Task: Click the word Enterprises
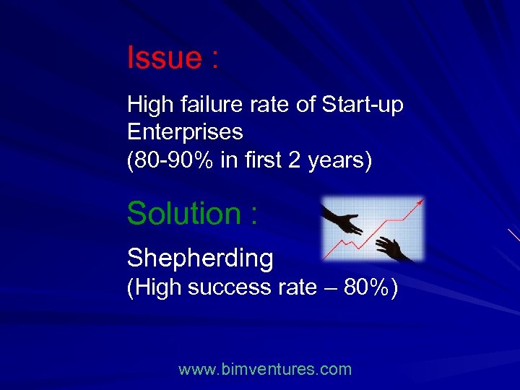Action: tap(185, 132)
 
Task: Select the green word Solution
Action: tap(183, 214)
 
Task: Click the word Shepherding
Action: tap(200, 258)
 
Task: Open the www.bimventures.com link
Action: tap(265, 370)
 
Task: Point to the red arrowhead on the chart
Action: tap(419, 204)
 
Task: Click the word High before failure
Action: tap(148, 105)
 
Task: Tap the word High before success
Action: tap(155, 287)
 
